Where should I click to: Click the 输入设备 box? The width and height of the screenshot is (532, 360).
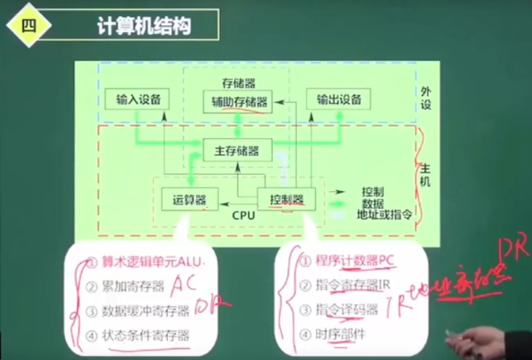[x=138, y=99]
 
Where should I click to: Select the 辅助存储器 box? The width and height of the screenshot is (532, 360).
[x=238, y=102]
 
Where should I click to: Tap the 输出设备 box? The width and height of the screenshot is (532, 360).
[x=338, y=99]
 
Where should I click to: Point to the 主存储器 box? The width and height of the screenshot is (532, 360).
[x=237, y=150]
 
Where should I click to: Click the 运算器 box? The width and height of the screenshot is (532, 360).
[x=190, y=200]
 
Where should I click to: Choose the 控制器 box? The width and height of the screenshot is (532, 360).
[x=286, y=200]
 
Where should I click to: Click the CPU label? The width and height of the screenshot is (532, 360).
[x=243, y=215]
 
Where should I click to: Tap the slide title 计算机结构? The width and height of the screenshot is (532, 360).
[x=144, y=26]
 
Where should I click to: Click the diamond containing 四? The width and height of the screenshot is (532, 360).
[x=29, y=26]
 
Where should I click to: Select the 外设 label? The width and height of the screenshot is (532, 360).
[x=426, y=98]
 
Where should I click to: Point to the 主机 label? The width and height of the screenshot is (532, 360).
[x=425, y=175]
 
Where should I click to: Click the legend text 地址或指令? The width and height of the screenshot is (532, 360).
[x=384, y=215]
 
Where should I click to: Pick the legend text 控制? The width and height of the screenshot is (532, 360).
[x=373, y=192]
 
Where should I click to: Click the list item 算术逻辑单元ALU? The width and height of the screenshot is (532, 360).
[x=151, y=262]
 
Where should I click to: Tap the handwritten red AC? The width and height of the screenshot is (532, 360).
[x=183, y=285]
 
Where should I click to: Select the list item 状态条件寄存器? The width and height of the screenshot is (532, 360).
[x=145, y=335]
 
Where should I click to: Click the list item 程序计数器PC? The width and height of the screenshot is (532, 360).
[x=355, y=261]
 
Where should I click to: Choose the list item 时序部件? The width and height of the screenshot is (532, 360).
[x=340, y=334]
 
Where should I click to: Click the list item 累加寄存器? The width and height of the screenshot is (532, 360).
[x=133, y=286]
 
